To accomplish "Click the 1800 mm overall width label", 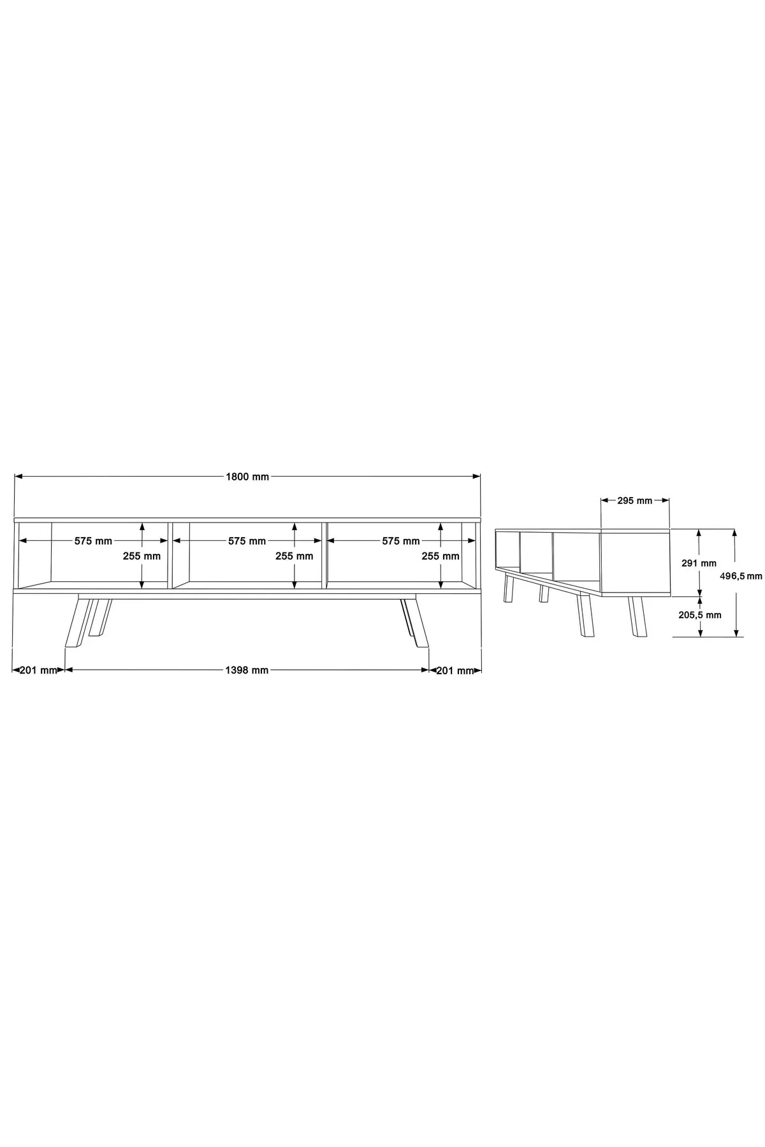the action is coord(247,477).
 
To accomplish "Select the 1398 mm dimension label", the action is coord(247,670).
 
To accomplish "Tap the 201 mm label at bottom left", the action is coord(38,670).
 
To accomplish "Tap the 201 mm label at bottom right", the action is coord(455,670).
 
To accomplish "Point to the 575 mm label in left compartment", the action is coord(93,541).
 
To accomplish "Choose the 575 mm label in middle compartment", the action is coord(247,541).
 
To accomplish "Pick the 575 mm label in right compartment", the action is coord(401,541).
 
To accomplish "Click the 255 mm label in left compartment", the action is coord(142,556).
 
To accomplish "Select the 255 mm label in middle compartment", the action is coord(294,556).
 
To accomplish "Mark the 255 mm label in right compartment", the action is coord(441,556).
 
